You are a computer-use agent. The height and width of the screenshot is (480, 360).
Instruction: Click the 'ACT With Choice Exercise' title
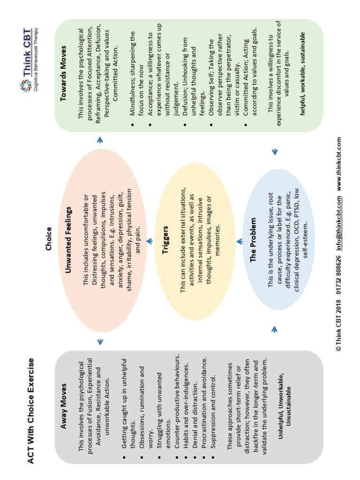(x=31, y=411)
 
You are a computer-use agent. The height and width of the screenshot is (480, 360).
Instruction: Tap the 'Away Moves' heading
(x=64, y=407)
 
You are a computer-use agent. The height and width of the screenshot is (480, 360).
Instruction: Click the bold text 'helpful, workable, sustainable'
(x=302, y=75)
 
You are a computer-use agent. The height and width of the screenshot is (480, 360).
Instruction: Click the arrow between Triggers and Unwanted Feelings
(x=149, y=241)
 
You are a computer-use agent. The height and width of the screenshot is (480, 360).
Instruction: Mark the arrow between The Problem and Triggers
(x=239, y=241)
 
